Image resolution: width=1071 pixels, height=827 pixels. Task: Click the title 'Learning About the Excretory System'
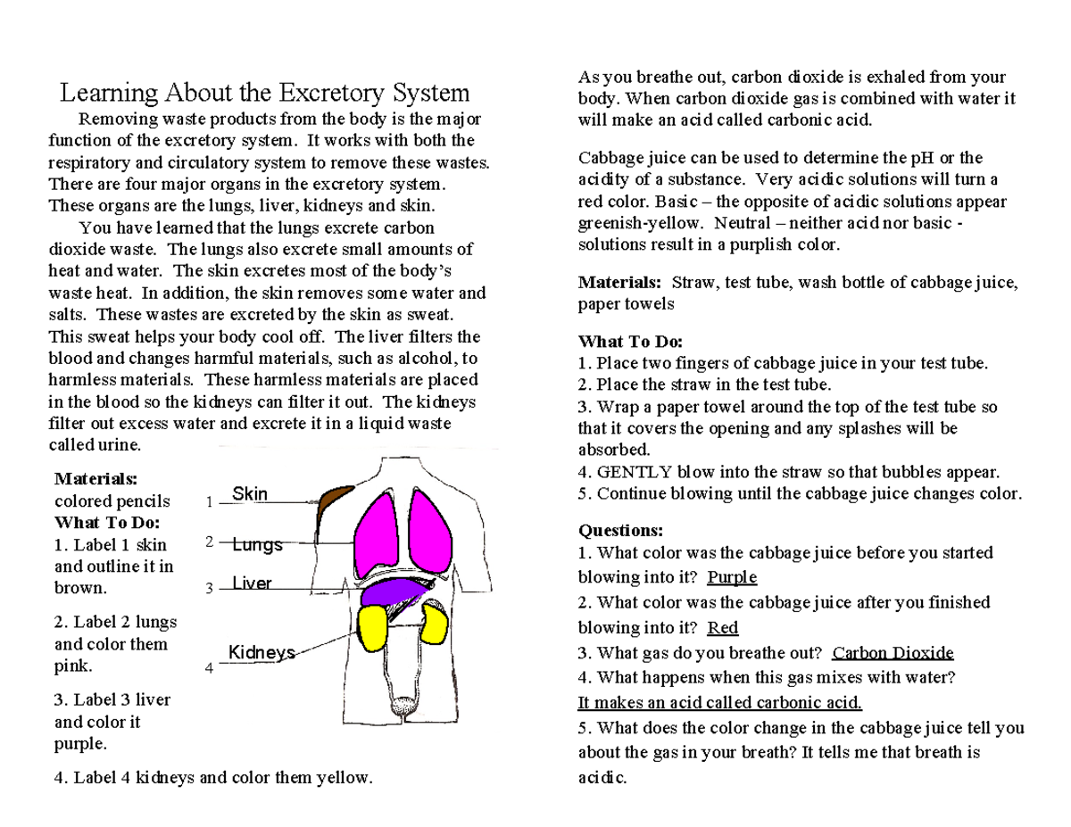[x=264, y=93]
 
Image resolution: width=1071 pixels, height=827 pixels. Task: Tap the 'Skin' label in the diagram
[x=250, y=494]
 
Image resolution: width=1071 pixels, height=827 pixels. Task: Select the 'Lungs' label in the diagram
[x=258, y=544]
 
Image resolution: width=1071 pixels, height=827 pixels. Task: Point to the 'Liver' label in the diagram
[x=252, y=583]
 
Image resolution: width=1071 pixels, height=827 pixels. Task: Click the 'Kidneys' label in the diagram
[x=262, y=652]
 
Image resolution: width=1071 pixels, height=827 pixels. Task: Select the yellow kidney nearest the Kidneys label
[x=373, y=627]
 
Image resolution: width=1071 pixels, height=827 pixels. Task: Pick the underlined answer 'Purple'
[x=732, y=577]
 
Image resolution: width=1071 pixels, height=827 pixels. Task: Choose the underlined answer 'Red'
[x=722, y=628]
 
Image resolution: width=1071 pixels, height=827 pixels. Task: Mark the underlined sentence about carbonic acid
[x=720, y=702]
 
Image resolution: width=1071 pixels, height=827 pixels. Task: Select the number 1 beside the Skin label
[x=209, y=502]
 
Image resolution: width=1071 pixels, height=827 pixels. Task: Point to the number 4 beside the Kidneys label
[x=209, y=667]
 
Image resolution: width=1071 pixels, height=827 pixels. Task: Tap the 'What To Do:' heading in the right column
[x=630, y=342]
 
